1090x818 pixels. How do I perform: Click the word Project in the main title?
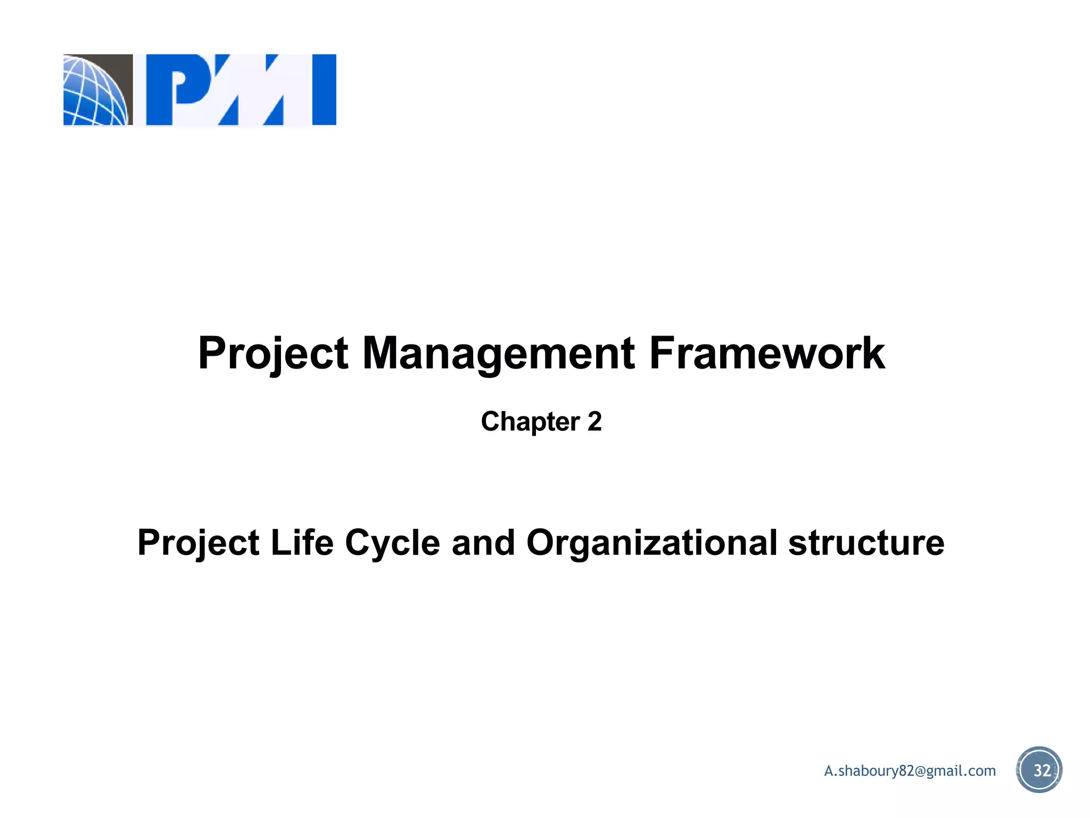[x=273, y=354]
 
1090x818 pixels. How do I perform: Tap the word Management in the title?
[x=498, y=354]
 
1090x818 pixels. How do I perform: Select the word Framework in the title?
[x=767, y=354]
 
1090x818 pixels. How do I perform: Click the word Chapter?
[x=530, y=422]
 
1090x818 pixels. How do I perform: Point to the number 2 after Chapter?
[x=594, y=422]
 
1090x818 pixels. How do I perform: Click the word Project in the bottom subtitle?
[x=199, y=543]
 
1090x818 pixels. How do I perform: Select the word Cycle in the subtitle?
[x=392, y=543]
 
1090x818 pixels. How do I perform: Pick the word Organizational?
[x=651, y=543]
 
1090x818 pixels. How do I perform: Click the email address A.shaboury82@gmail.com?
[x=910, y=771]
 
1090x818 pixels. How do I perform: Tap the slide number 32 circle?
[x=1039, y=770]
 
